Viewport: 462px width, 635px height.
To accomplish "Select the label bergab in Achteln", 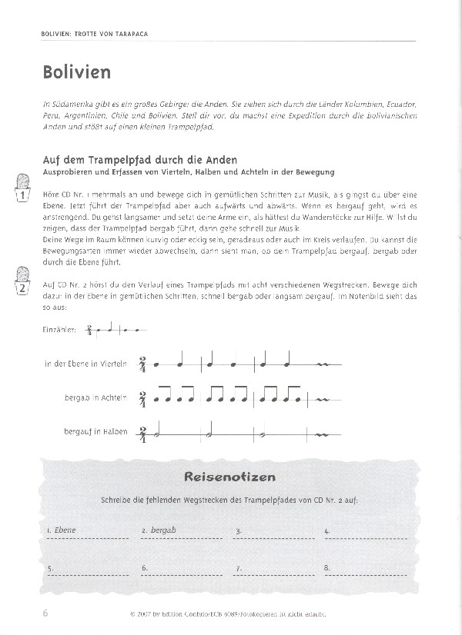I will click(98, 398).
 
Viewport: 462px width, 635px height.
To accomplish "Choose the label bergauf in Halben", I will click(97, 433).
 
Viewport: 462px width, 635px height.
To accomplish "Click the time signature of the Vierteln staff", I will click(143, 364).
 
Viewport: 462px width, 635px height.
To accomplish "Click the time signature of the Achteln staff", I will click(143, 398).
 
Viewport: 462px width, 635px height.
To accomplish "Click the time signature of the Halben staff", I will click(143, 433).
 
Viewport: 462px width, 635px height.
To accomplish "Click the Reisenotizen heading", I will click(229, 477).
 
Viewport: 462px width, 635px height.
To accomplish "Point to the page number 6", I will click(45, 613).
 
